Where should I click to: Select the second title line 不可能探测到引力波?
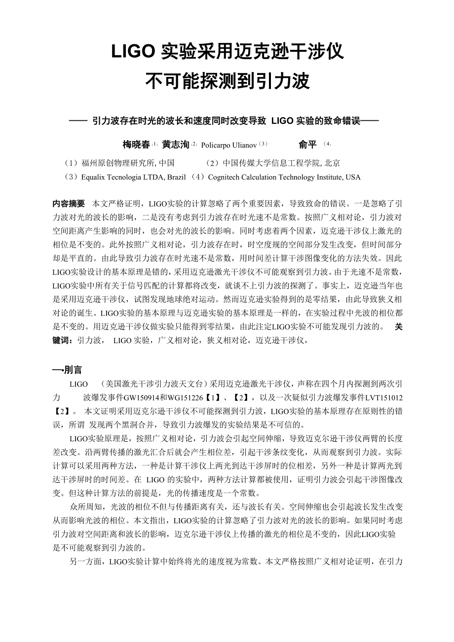click(227, 81)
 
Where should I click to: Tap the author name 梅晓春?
click(136, 145)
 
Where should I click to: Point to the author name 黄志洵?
click(175, 145)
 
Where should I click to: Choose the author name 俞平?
click(307, 145)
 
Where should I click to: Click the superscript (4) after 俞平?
click(327, 144)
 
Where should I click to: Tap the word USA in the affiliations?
click(353, 177)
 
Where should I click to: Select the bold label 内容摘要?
click(69, 204)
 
